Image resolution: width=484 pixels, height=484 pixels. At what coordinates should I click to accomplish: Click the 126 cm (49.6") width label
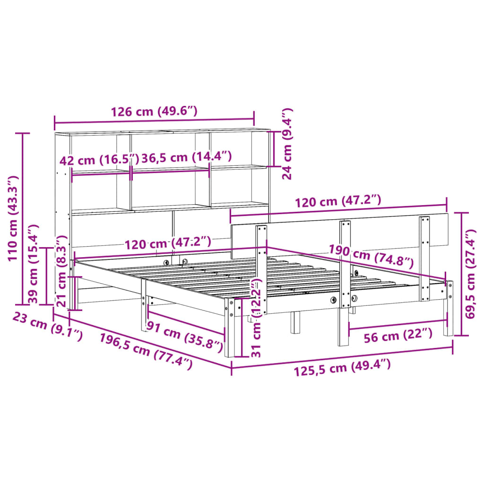(x=154, y=112)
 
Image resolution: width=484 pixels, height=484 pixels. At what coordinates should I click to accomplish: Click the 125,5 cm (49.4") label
(x=342, y=367)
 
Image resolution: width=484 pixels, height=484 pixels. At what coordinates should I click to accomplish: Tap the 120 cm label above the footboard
(x=337, y=202)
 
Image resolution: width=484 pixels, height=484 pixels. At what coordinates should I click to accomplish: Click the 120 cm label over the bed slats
(x=167, y=243)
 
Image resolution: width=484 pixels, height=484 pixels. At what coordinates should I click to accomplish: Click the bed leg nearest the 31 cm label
(x=230, y=326)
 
